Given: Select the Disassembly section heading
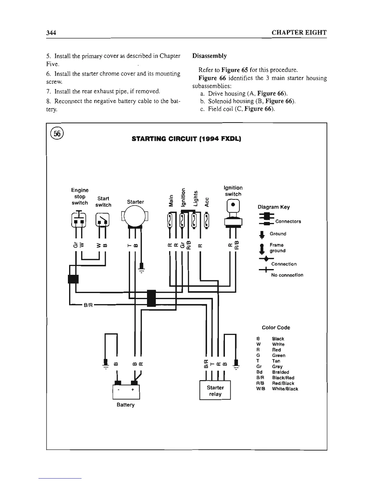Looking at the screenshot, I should click(x=209, y=56).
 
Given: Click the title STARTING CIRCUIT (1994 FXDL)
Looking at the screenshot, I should click(x=186, y=139).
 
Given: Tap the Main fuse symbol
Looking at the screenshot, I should click(x=170, y=221).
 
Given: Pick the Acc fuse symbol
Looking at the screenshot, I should click(x=207, y=221).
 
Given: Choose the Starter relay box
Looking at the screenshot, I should click(x=215, y=391).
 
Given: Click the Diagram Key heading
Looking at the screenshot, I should click(x=273, y=207).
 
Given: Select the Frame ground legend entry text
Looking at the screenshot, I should click(x=277, y=248).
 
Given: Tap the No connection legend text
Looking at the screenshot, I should click(x=287, y=275).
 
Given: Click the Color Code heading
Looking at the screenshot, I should click(x=276, y=328).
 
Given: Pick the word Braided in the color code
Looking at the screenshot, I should click(x=280, y=372).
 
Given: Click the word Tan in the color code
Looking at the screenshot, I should click(x=276, y=361).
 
